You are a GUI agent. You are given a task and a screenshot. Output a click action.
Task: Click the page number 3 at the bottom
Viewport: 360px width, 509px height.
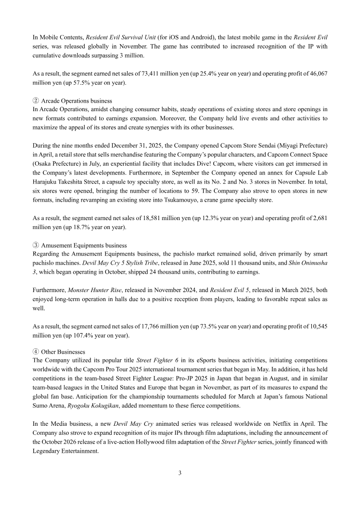180,473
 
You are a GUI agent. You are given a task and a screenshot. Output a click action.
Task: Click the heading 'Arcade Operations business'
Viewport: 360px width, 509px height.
76,101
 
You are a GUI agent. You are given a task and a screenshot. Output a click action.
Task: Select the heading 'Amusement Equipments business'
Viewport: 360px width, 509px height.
84,245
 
